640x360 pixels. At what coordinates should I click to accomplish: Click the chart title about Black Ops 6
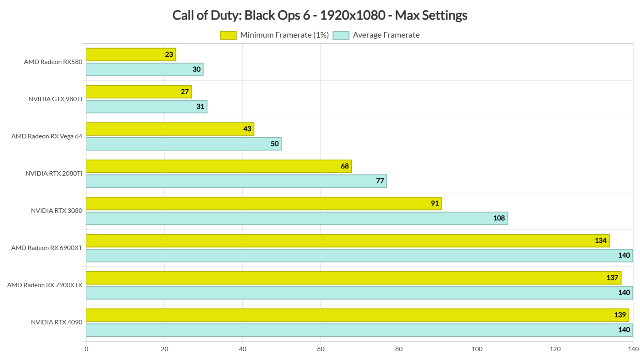pos(320,15)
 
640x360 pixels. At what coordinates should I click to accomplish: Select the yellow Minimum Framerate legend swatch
pos(228,35)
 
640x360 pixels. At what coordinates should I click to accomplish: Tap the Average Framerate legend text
pos(386,35)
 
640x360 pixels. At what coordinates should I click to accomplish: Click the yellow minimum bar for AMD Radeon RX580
pos(131,54)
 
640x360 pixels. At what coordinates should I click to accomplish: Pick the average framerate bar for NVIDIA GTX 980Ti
pos(146,106)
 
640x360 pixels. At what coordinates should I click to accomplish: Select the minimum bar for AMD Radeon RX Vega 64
pos(170,129)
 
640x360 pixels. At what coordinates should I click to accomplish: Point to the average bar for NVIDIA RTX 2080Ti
pos(236,181)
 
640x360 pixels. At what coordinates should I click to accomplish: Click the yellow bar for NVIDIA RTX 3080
pos(264,203)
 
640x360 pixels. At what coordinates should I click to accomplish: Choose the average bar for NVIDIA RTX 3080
pos(297,218)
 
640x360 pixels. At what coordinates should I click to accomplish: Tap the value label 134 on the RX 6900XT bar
pos(600,240)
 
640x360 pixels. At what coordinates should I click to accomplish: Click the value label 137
pos(612,278)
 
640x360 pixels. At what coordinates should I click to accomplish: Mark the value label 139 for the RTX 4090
pos(620,315)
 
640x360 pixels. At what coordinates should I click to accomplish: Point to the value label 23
pos(169,54)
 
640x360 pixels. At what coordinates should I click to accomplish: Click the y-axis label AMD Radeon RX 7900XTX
pos(45,285)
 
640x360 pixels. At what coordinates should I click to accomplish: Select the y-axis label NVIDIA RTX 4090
pos(56,322)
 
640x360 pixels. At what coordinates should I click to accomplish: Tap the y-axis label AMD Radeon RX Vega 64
pos(47,136)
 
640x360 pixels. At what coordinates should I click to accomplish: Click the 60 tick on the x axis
pos(320,349)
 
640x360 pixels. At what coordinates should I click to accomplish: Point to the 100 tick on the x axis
pos(477,349)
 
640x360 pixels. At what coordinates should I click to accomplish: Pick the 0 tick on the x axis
pos(86,349)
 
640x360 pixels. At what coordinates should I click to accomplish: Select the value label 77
pos(380,181)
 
